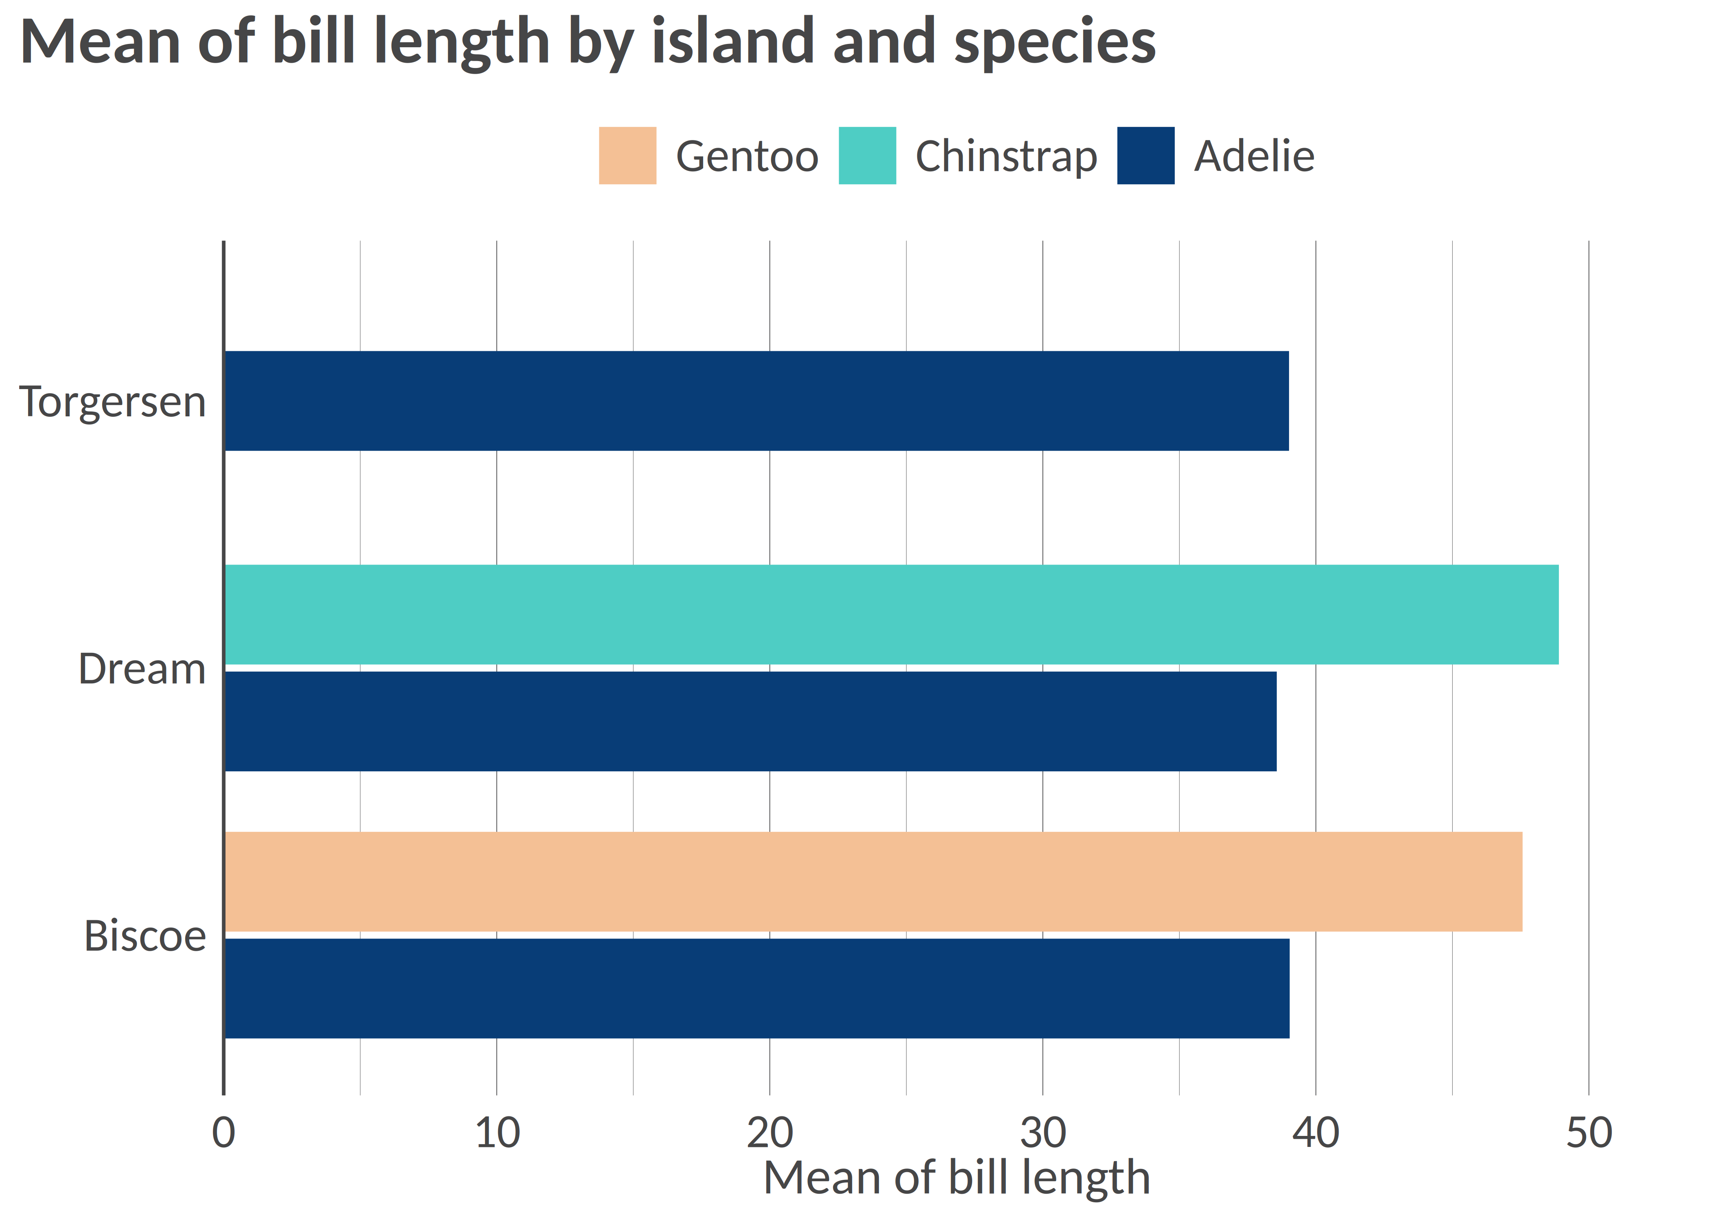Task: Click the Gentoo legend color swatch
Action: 627,155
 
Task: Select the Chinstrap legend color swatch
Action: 867,155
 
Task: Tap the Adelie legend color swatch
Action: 1145,155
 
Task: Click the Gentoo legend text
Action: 747,156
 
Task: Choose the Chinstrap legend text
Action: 1005,156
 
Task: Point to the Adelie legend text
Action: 1254,156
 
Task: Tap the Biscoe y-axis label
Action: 145,936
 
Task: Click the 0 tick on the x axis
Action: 223,1133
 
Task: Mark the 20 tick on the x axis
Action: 769,1133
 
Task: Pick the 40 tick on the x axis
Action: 1315,1133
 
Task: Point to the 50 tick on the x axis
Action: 1589,1133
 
